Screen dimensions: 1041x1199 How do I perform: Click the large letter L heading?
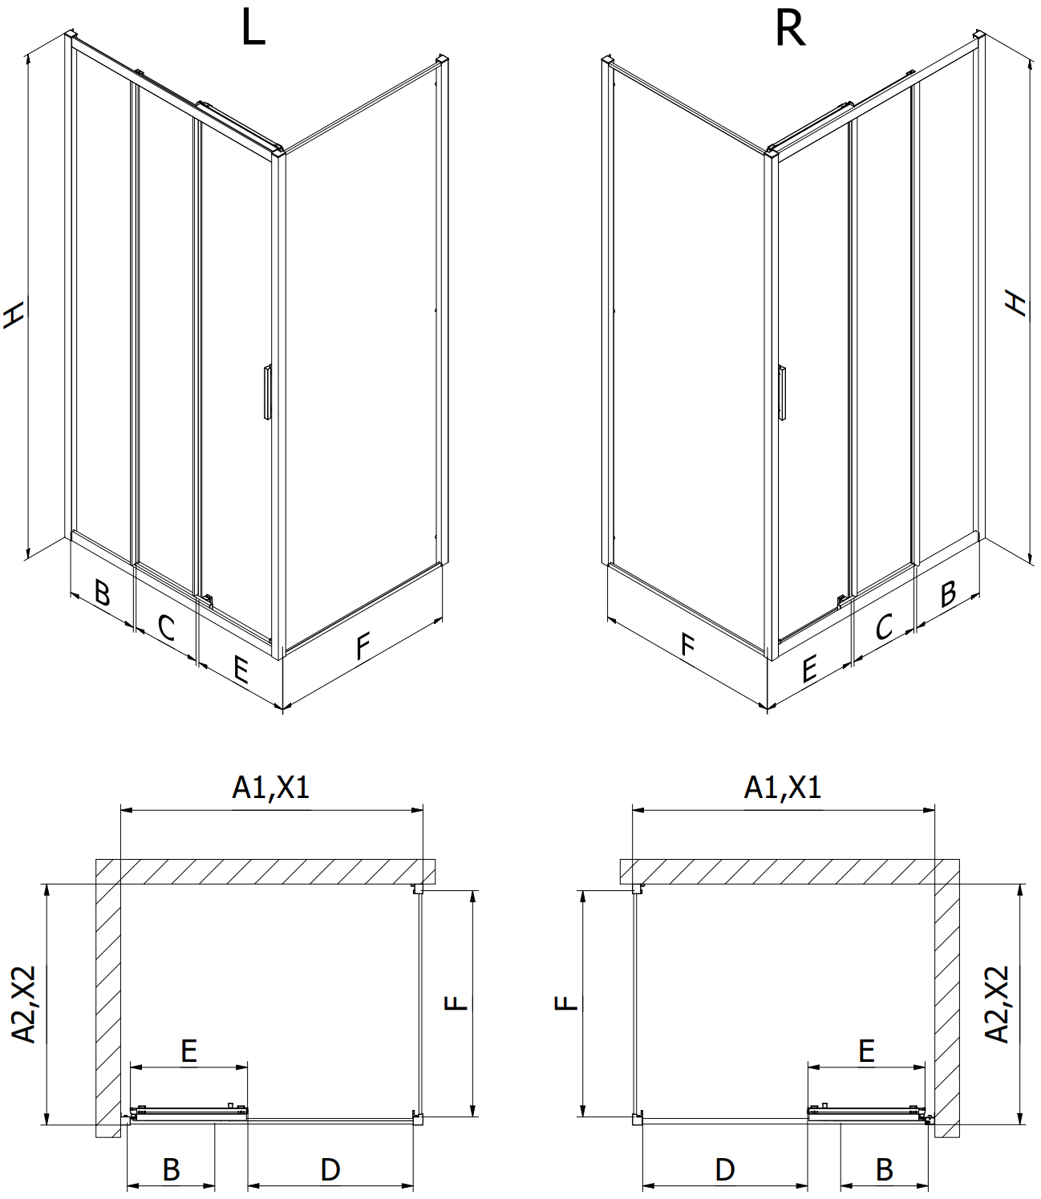253,28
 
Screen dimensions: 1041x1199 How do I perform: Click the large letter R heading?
790,29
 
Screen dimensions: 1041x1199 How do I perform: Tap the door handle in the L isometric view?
267,392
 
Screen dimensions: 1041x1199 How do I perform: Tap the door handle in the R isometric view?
781,393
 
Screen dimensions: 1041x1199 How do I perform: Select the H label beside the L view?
14,314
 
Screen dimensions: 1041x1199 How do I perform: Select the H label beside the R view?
1016,303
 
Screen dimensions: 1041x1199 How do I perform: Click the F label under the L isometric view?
363,646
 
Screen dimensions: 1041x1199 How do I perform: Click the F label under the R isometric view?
688,645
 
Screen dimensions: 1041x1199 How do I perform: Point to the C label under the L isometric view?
166,628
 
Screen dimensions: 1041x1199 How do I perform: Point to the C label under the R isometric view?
884,626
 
